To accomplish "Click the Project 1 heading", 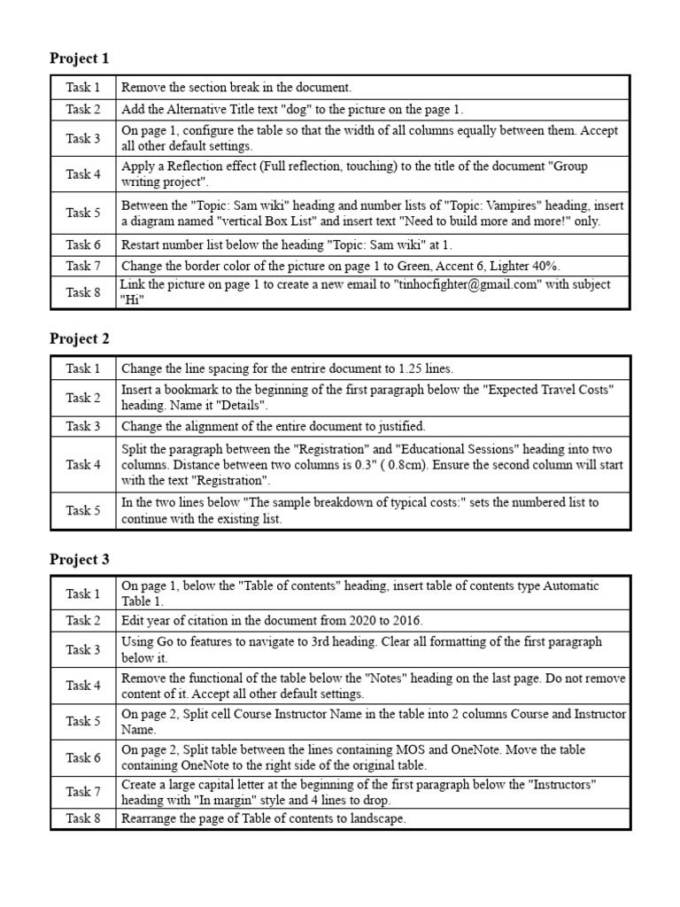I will tap(80, 58).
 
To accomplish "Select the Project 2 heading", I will tap(80, 338).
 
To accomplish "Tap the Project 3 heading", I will tap(80, 560).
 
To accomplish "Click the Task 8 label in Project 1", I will tap(83, 292).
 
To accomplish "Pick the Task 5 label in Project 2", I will tap(83, 510).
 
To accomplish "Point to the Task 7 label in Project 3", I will tap(83, 792).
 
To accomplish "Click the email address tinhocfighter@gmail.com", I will tap(458, 284).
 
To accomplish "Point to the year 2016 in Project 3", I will tap(406, 620).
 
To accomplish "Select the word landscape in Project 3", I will tap(376, 818).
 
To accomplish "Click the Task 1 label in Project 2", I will tap(83, 368).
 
